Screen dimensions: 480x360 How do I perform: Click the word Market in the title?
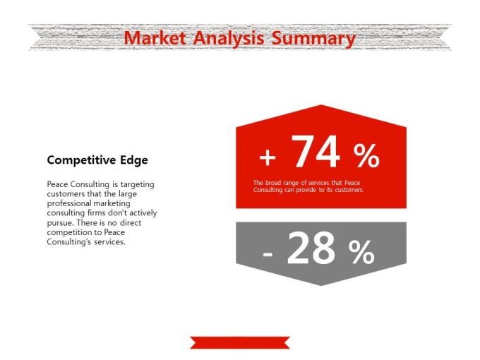point(155,38)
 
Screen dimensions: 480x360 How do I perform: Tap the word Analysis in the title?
point(229,39)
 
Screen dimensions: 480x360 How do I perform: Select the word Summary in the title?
point(313,39)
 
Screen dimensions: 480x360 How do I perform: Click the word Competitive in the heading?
point(81,160)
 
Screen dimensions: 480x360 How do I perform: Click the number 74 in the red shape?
point(316,152)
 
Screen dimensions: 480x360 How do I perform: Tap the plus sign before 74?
point(268,157)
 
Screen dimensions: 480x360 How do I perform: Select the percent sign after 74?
point(366,156)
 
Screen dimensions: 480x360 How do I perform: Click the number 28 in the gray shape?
point(311,248)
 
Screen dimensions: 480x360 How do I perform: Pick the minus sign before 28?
point(268,254)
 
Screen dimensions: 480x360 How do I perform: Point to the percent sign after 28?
point(361,252)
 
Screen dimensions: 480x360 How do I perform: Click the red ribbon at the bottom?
point(240,342)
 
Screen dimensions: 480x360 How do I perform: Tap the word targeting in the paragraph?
point(137,185)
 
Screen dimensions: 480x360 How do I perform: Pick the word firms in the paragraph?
point(97,212)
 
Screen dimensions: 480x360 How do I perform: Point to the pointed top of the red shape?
point(321,105)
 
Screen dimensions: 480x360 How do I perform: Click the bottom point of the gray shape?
point(321,286)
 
